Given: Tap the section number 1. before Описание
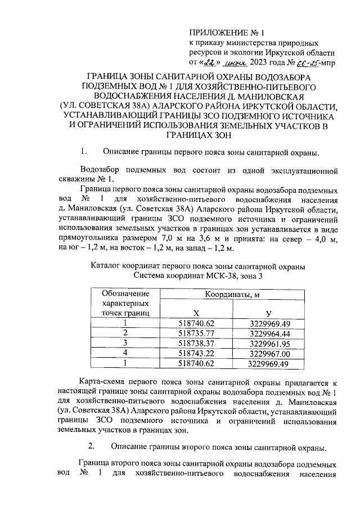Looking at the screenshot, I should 85,152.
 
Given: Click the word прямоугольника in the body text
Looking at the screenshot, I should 87,240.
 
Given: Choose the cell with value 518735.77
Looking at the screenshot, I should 196,332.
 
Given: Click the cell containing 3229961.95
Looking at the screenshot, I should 268,343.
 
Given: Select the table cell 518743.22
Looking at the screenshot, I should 196,353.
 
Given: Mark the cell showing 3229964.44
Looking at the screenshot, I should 268,332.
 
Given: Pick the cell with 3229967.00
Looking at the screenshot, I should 268,353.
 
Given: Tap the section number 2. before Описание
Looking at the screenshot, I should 92,447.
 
